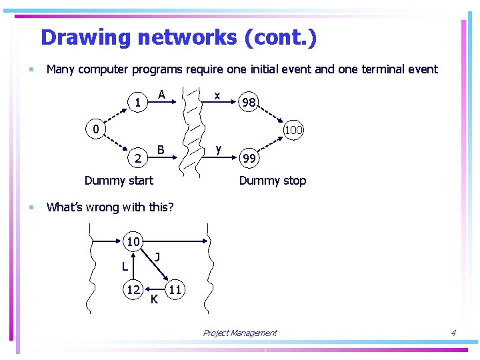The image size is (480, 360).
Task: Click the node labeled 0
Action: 96,128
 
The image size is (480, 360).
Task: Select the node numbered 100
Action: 293,130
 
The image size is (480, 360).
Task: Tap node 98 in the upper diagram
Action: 249,103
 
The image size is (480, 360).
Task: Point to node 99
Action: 249,159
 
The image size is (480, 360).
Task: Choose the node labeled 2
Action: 137,159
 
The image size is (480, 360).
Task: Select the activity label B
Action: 161,149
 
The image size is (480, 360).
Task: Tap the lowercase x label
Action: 217,95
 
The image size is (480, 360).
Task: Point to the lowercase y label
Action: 219,149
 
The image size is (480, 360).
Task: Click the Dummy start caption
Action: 119,181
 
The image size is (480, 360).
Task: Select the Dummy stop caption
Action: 272,181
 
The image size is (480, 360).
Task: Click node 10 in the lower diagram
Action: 133,241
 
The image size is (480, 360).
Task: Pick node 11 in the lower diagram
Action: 176,289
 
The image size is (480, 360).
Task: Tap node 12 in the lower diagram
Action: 133,289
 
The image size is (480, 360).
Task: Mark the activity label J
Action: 156,256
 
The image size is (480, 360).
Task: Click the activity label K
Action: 154,299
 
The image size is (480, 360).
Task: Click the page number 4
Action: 453,333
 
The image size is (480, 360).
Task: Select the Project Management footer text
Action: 239,333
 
